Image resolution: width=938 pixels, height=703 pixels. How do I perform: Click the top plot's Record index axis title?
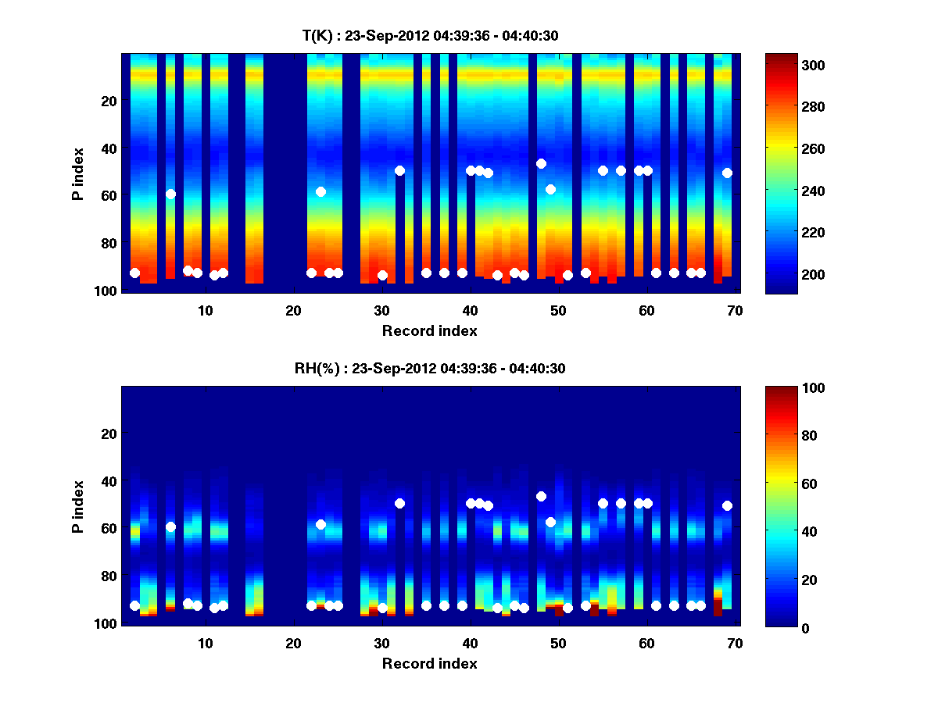(430, 330)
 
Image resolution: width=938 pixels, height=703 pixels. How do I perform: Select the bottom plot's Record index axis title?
(430, 663)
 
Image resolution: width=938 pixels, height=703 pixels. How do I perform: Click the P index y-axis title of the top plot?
(78, 173)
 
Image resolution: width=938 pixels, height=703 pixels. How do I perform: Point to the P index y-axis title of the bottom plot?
(78, 506)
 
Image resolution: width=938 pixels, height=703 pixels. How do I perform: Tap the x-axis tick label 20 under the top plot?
(294, 310)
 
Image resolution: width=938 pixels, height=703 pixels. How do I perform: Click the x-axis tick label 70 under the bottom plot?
(735, 643)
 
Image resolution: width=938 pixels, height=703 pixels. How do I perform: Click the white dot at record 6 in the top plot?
(170, 194)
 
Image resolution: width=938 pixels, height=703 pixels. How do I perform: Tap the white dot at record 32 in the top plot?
(399, 170)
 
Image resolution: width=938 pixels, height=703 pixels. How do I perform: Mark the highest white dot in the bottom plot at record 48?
(541, 496)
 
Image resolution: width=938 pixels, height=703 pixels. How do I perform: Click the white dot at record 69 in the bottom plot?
(727, 505)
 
